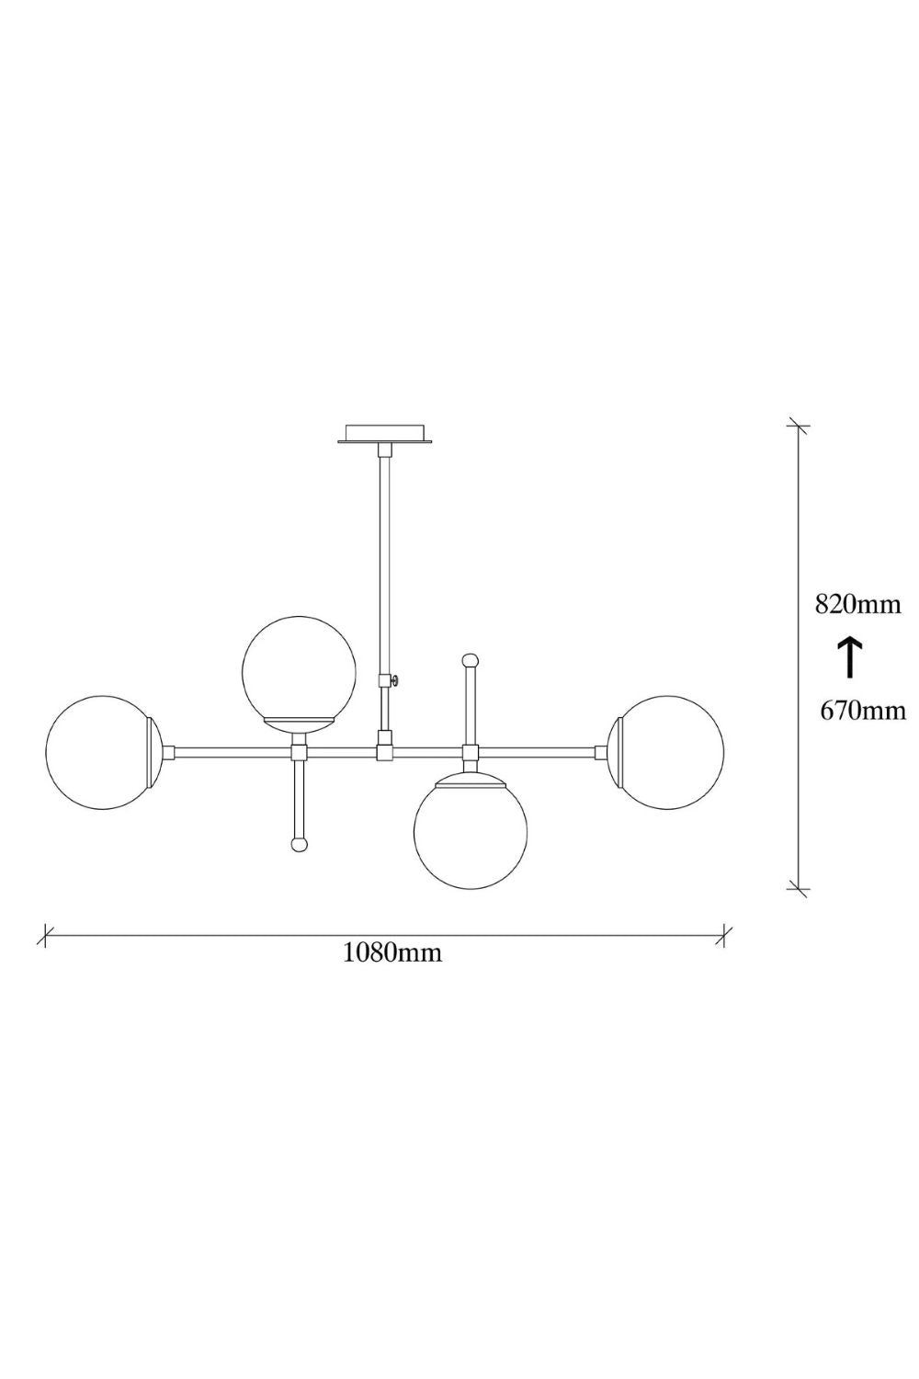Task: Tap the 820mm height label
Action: tap(858, 605)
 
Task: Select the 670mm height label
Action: tap(862, 711)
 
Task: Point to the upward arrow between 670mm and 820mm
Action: tap(850, 658)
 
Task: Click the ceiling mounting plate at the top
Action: tap(385, 433)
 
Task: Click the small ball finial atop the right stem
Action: tap(471, 660)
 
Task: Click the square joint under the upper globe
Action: tap(299, 752)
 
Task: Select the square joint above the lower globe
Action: tap(471, 752)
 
